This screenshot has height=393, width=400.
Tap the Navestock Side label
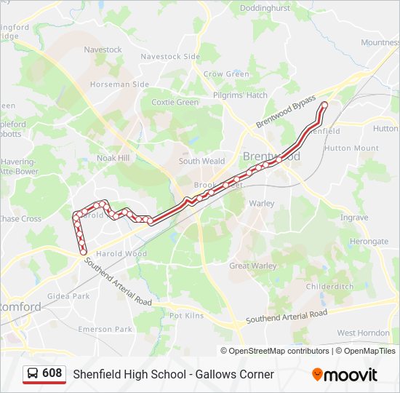pos(170,57)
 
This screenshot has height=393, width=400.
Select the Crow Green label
pos(226,74)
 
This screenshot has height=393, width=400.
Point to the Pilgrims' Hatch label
pos(240,95)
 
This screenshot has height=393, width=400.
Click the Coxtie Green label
pos(175,103)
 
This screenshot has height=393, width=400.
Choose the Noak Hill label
pos(113,158)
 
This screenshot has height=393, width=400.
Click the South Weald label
pos(201,162)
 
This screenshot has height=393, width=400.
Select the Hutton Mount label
pos(351,148)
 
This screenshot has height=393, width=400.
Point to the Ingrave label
pos(354,218)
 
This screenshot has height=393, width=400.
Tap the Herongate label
pos(369,242)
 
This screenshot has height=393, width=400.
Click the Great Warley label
pos(253,266)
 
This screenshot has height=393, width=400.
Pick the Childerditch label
pos(329,287)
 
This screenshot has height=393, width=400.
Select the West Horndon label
pos(363,333)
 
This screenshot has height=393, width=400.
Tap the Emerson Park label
pos(106,330)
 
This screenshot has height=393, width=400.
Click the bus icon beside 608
pos(33,373)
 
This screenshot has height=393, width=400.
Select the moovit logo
pos(345,375)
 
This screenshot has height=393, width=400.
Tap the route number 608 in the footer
pos(52,373)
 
